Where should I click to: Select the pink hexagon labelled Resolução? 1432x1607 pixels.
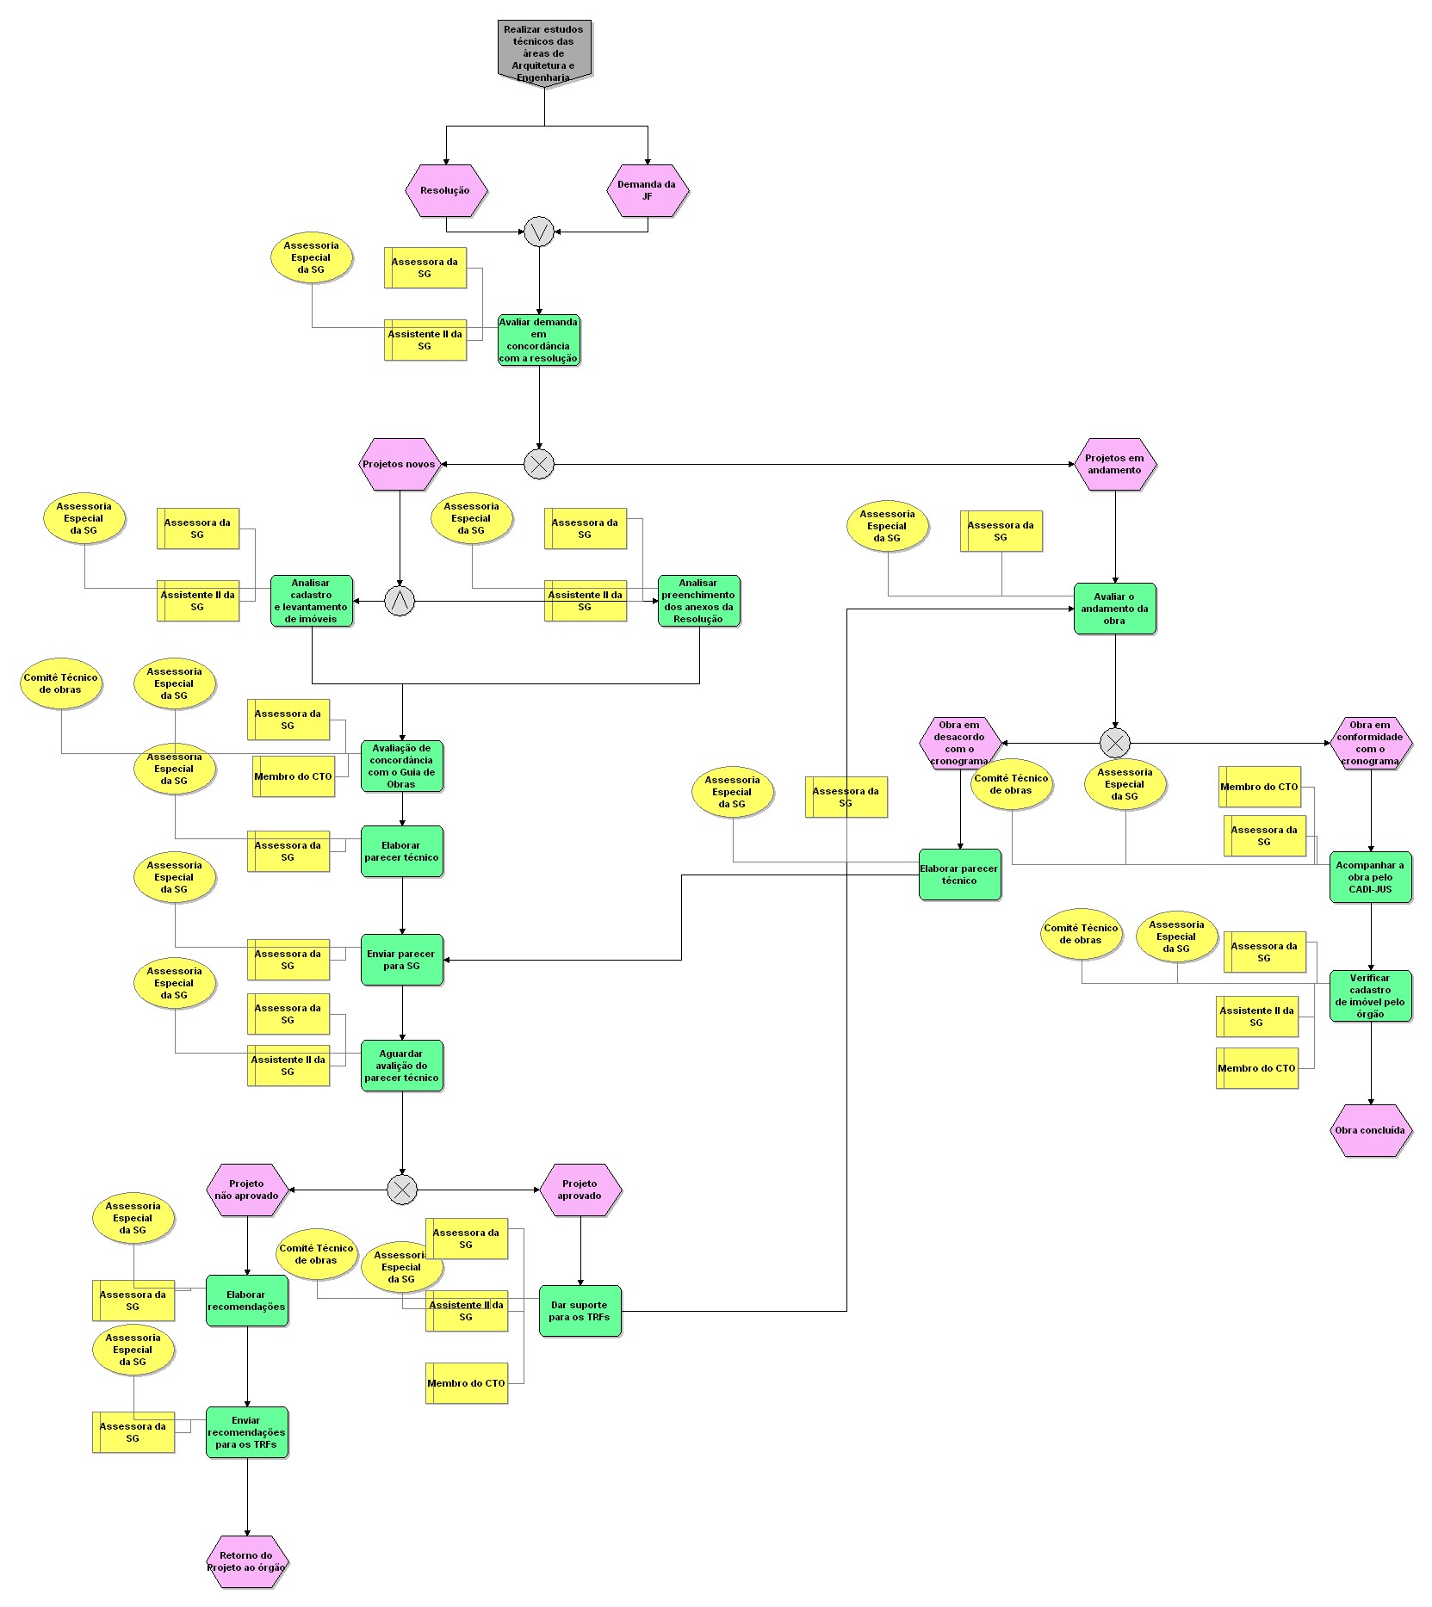coord(446,190)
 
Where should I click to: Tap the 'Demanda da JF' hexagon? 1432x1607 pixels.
coord(648,190)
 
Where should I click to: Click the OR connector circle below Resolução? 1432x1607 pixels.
coord(539,232)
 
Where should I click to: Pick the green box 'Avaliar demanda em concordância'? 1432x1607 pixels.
coord(539,340)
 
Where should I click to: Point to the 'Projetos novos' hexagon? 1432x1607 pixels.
coord(400,464)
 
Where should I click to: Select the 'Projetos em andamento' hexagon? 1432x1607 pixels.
coord(1115,464)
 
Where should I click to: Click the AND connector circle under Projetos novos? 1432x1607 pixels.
coord(400,601)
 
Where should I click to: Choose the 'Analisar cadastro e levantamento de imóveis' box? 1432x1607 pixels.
coord(312,601)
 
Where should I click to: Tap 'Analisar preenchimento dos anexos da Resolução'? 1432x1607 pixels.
coord(699,601)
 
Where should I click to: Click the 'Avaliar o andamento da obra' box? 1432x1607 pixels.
coord(1115,609)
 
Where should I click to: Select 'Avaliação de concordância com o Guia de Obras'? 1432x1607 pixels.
coord(402,766)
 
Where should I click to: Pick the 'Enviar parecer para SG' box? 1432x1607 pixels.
coord(402,960)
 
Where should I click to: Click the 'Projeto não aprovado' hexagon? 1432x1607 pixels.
coord(247,1190)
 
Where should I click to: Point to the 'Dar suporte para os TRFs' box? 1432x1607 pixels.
coord(580,1311)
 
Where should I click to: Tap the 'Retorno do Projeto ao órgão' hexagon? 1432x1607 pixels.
coord(247,1561)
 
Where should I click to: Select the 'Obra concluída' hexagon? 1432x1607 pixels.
coord(1371,1130)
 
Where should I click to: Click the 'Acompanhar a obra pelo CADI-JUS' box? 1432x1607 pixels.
coord(1371,877)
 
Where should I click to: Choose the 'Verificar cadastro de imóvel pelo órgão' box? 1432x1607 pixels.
coord(1371,996)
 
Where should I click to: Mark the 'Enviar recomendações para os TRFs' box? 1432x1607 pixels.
coord(247,1432)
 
